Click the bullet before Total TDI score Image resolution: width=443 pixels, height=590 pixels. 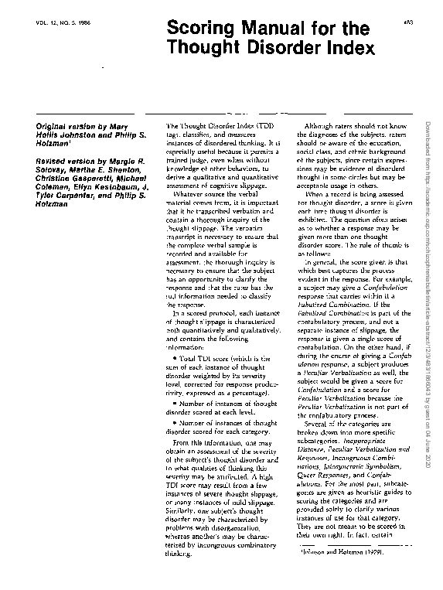[x=179, y=359]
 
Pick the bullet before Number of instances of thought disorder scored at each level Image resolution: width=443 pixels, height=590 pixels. [x=179, y=402]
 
